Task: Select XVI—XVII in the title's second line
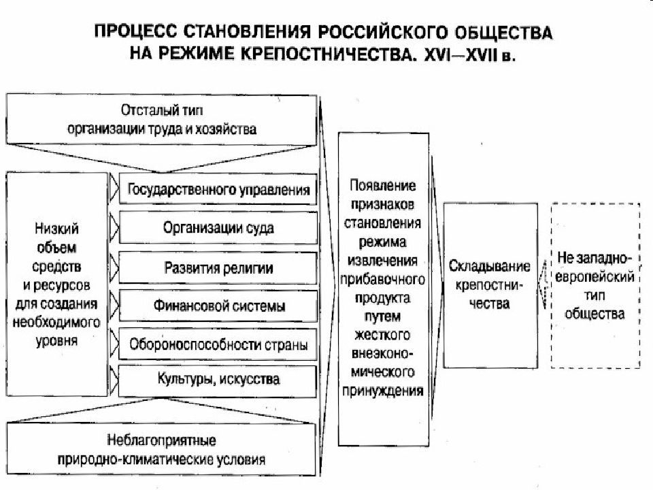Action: (461, 54)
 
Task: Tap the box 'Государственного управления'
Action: (218, 189)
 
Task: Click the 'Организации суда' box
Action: (218, 227)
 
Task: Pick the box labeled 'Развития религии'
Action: (218, 267)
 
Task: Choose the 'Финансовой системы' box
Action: (218, 306)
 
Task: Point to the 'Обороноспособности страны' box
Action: (218, 344)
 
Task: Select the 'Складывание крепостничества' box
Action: (490, 285)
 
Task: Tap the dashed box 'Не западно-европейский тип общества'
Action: (596, 285)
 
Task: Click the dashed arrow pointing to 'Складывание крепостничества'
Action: (543, 285)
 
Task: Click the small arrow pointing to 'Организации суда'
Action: (114, 227)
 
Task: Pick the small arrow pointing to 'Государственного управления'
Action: (114, 189)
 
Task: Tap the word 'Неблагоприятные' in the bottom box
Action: (161, 440)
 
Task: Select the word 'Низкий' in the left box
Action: (56, 229)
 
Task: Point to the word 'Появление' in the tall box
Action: (382, 185)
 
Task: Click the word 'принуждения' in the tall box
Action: (382, 391)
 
